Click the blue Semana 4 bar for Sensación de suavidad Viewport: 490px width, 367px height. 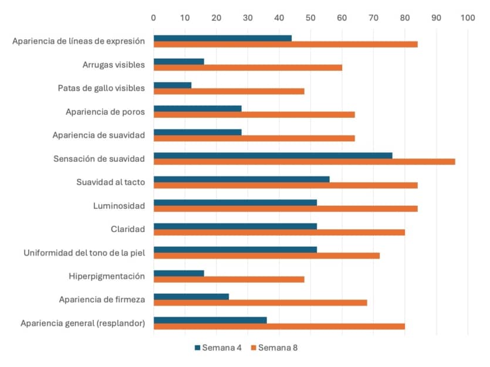273,156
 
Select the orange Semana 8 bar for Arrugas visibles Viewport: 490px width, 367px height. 248,68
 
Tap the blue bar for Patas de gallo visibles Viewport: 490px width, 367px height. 173,85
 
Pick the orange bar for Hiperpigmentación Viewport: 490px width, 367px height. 229,279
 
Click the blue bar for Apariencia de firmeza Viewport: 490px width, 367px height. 191,297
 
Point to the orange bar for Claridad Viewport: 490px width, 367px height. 279,233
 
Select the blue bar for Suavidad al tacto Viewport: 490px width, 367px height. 242,179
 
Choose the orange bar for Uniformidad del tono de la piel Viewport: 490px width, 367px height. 266,256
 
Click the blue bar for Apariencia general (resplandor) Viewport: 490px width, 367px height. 210,320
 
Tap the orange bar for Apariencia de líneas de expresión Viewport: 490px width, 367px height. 286,45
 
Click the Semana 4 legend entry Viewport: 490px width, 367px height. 218,348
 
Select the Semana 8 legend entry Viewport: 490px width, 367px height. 275,348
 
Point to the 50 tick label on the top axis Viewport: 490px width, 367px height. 310,18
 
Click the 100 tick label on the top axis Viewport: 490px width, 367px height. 468,18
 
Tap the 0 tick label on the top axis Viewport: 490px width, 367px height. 153,18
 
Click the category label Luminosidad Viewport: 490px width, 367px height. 119,206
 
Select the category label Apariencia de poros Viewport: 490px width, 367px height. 105,112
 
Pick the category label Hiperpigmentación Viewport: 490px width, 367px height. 107,277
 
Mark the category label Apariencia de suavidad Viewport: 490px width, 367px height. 99,135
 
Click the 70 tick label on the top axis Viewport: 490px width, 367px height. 373,18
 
